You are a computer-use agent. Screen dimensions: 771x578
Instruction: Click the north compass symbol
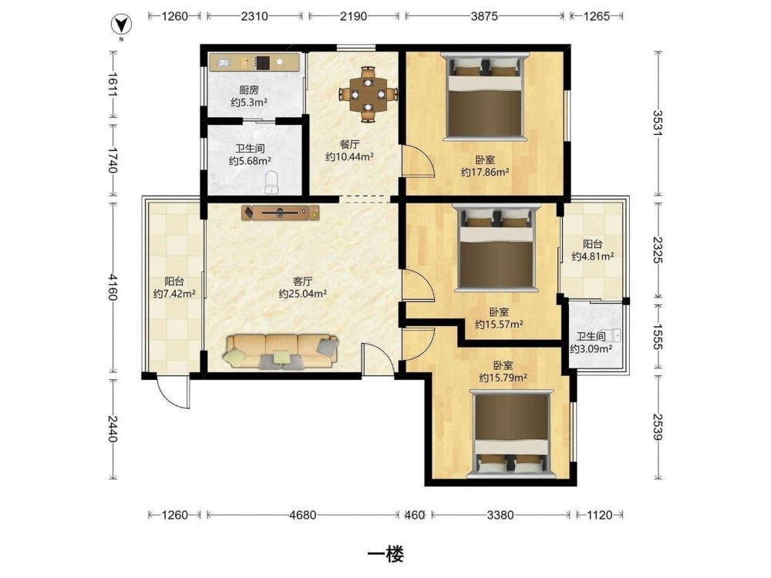121,24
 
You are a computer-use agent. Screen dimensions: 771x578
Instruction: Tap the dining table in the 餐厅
368,94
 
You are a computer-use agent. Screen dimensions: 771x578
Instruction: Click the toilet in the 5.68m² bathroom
271,182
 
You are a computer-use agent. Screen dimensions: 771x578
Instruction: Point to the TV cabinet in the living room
281,213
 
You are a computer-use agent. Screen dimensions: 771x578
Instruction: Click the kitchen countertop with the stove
254,62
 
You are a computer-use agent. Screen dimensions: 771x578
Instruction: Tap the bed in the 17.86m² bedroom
485,96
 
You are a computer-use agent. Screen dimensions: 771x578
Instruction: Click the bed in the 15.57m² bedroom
496,247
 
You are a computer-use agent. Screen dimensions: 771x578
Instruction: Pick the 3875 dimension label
484,16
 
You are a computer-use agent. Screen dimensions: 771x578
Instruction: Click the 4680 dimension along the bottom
302,515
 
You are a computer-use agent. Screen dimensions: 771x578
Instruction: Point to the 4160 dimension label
113,287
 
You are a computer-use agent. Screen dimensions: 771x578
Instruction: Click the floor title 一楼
386,554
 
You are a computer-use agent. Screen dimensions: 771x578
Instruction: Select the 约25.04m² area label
303,294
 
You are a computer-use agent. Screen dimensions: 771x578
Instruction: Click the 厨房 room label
249,90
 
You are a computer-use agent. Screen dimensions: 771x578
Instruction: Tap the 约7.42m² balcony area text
174,294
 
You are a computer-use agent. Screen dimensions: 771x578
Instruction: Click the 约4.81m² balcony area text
592,256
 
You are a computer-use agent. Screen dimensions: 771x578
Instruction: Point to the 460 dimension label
415,515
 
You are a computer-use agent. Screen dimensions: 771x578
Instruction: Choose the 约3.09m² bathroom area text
591,348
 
